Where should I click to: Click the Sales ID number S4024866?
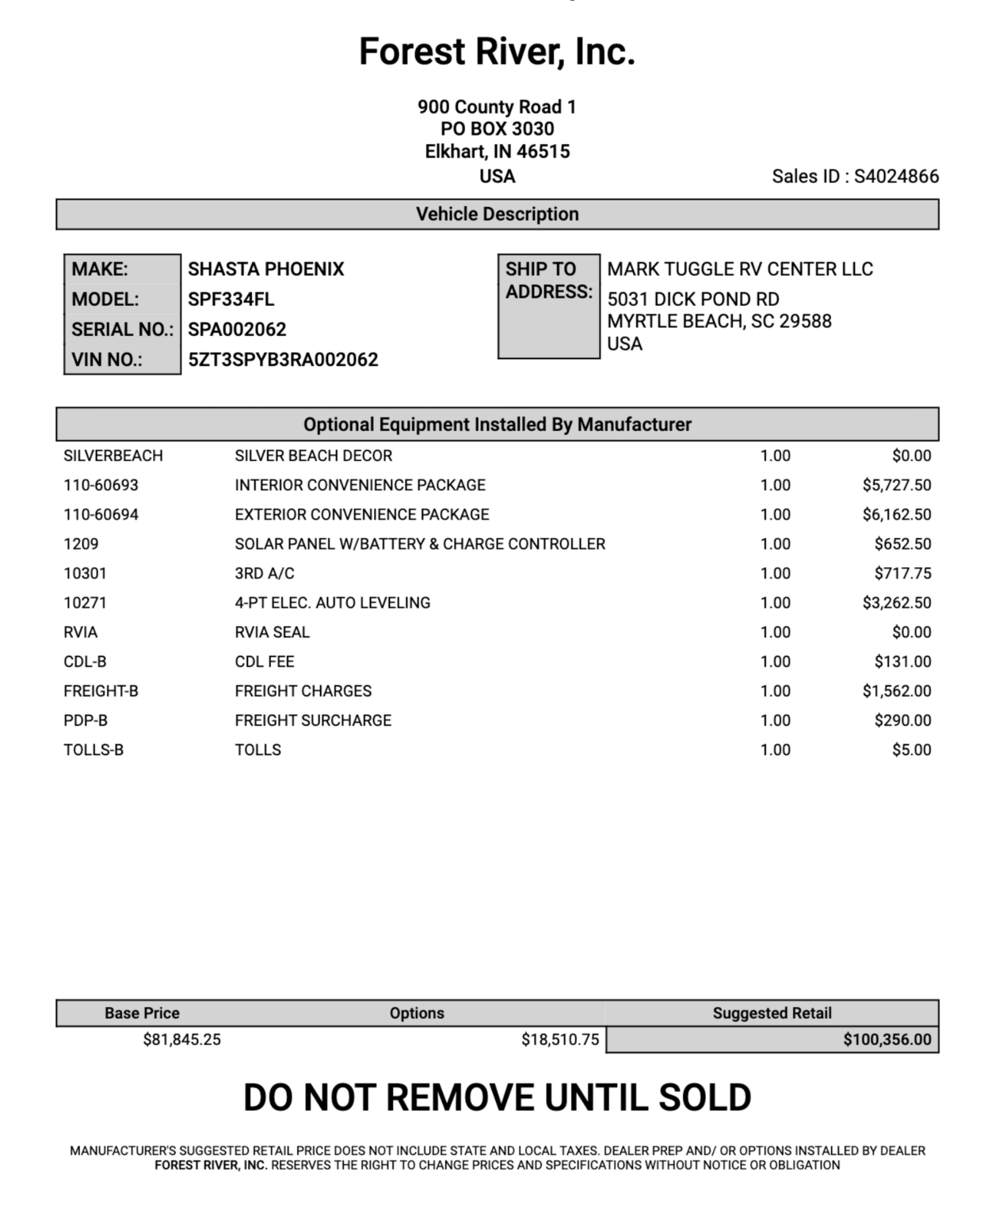896,176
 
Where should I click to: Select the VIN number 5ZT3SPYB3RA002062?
283,360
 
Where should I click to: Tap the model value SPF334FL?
231,299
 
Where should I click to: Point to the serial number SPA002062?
237,330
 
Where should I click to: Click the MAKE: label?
100,269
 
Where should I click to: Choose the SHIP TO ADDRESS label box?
548,306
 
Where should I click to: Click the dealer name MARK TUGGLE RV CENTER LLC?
740,269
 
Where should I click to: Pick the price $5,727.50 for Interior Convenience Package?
897,485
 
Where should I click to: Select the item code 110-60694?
101,514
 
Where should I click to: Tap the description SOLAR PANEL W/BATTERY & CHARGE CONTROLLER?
420,544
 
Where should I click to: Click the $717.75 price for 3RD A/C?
902,573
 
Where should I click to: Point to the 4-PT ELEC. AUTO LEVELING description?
333,602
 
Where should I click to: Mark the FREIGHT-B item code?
101,691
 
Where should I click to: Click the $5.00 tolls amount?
911,750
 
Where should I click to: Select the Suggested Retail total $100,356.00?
887,1040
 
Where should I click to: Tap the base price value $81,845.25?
181,1040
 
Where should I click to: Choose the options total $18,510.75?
560,1040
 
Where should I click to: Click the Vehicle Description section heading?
498,214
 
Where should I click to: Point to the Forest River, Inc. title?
497,52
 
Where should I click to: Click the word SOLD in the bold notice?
704,1098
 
